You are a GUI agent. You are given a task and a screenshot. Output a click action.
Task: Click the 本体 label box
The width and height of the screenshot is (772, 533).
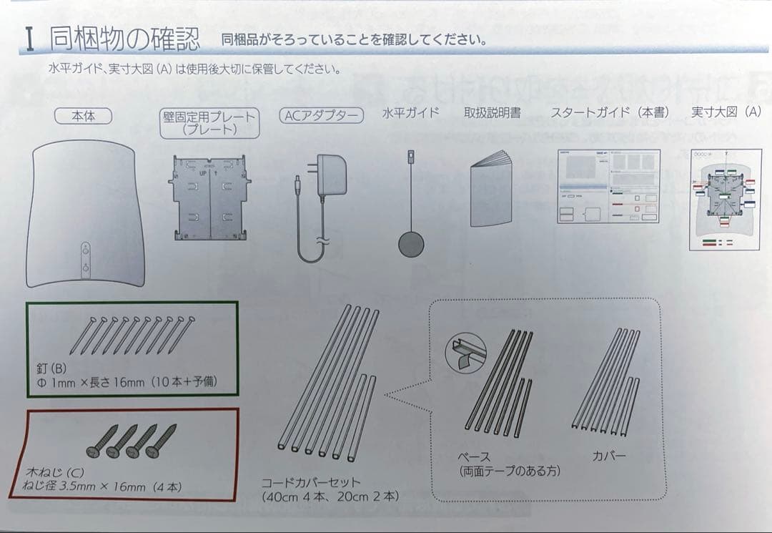tap(84, 116)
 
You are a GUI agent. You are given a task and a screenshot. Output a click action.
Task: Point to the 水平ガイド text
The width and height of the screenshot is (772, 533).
tap(410, 113)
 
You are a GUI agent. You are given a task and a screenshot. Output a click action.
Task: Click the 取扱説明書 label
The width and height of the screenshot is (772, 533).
tap(492, 113)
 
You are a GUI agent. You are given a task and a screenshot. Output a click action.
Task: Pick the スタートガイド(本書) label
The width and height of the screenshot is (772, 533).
tap(610, 113)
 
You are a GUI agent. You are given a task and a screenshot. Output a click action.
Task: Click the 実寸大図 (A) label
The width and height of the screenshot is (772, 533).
tap(726, 112)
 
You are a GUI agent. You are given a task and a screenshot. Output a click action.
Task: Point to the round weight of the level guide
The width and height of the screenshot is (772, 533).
tap(411, 243)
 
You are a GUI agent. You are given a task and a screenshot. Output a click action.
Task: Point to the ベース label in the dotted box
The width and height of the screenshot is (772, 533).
tap(474, 457)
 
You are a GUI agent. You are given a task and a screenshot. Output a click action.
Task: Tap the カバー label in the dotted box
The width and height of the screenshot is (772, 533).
tap(609, 456)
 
